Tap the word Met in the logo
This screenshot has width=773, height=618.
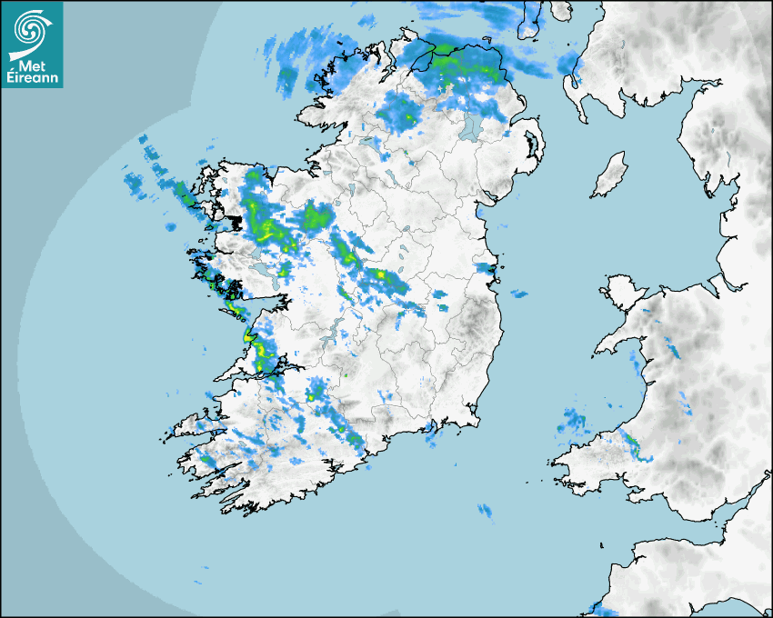[32, 66]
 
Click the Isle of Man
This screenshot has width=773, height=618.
[609, 175]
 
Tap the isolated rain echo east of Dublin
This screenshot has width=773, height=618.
[519, 294]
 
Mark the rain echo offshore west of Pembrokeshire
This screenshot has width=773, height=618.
[573, 420]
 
